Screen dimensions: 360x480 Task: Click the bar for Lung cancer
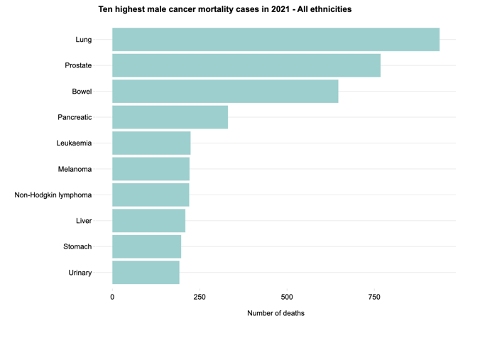point(276,40)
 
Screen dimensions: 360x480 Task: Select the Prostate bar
point(246,65)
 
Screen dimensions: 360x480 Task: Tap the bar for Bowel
point(225,92)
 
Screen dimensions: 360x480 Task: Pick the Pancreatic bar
point(170,117)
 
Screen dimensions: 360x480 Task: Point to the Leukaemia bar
point(151,143)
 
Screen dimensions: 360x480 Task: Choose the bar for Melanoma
point(151,169)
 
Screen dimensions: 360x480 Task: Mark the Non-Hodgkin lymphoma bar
point(151,195)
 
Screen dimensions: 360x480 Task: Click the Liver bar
point(148,221)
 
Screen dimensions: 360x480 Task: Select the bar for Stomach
point(146,246)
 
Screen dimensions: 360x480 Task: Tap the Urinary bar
point(146,273)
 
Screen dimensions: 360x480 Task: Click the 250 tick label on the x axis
point(200,297)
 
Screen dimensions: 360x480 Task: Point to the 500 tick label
point(287,297)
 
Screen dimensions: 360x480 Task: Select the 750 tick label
point(374,297)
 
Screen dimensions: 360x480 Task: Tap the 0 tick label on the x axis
point(112,297)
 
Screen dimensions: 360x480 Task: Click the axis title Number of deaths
point(276,313)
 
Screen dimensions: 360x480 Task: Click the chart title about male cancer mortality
point(224,10)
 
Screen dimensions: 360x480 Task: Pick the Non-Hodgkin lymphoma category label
point(53,195)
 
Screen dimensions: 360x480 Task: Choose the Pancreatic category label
point(75,117)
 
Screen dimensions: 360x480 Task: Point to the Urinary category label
point(80,273)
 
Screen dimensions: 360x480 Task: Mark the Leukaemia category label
point(74,143)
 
